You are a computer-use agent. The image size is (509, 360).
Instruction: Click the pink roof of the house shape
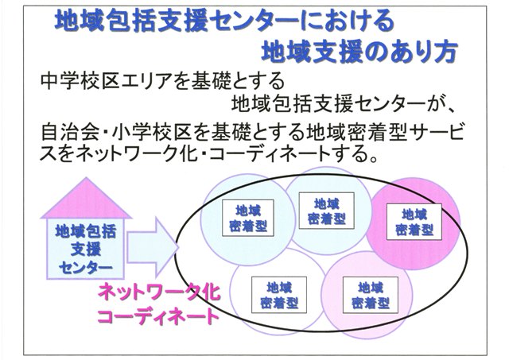pos(86,200)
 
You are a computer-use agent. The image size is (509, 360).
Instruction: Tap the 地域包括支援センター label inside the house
pos(85,250)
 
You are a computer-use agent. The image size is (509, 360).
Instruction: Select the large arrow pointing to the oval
pos(153,247)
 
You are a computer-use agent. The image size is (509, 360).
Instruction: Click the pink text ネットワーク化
pos(159,292)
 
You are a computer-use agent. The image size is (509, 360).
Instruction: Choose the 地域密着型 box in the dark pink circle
pos(414,222)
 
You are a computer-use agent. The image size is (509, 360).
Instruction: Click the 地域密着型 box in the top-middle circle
pos(326,211)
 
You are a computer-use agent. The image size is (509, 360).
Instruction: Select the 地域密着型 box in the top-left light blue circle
pos(248,218)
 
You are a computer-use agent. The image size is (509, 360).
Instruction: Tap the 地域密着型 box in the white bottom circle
pos(279,295)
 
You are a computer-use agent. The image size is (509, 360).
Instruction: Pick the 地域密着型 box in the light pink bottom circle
pos(371,295)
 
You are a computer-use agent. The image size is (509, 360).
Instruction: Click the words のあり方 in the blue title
pos(416,51)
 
